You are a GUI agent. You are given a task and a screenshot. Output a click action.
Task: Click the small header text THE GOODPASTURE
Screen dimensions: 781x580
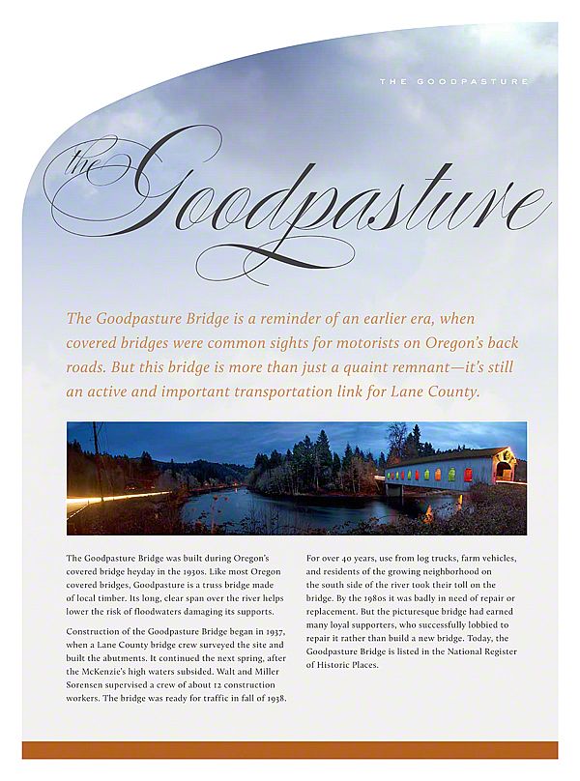click(453, 81)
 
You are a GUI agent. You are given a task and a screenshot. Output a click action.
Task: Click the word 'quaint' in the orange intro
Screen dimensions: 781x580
click(342, 368)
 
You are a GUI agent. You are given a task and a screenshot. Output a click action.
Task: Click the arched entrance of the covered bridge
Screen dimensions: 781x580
click(505, 471)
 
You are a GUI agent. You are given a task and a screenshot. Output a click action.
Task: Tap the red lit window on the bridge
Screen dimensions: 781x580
click(469, 475)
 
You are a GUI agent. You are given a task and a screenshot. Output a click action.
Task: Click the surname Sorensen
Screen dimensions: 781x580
click(90, 684)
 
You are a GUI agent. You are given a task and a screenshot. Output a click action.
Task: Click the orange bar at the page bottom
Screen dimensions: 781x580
click(290, 750)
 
